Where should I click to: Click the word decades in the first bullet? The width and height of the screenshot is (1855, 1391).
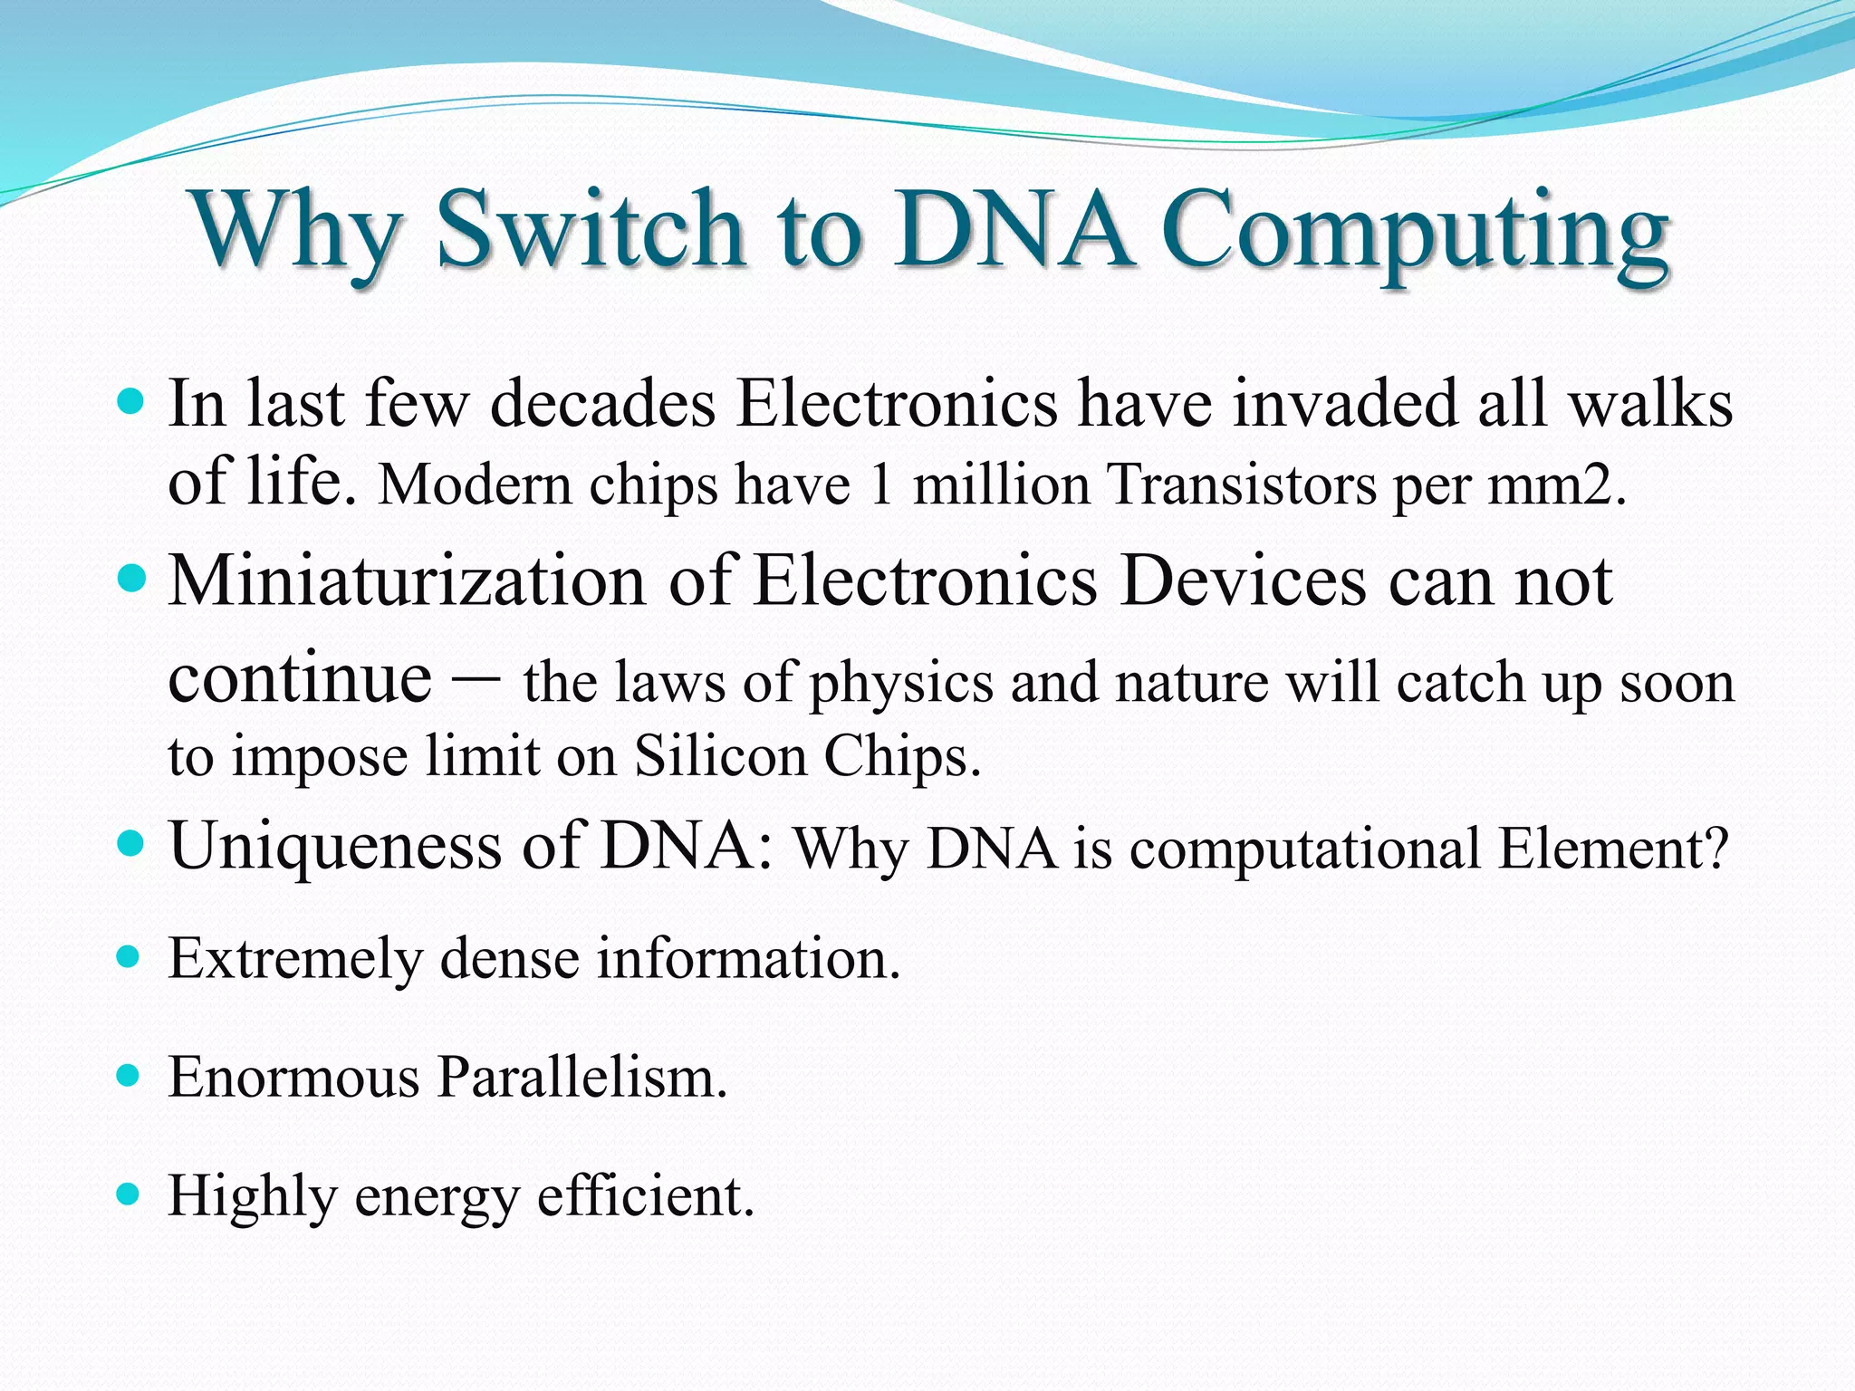tap(603, 403)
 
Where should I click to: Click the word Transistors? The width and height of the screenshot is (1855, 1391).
tap(1242, 484)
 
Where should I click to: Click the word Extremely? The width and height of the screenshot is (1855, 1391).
tap(295, 959)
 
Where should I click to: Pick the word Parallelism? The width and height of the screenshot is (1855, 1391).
tap(581, 1077)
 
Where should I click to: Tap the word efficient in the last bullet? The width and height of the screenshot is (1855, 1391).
tap(645, 1195)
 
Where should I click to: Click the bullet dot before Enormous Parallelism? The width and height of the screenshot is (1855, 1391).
tap(130, 1076)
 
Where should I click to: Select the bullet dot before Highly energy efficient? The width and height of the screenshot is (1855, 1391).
tap(130, 1194)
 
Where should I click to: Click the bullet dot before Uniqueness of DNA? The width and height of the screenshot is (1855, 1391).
tap(131, 845)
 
